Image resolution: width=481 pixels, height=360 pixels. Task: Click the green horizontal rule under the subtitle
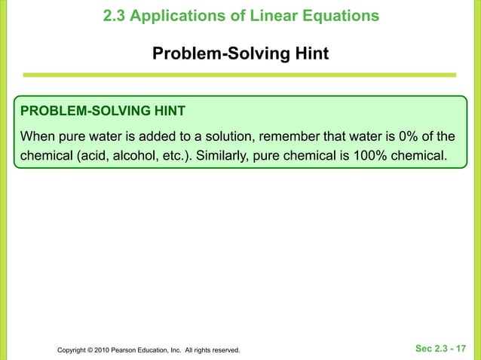click(240, 75)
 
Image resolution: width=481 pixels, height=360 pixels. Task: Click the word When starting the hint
click(38, 137)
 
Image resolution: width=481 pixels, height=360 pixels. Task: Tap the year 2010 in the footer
click(102, 350)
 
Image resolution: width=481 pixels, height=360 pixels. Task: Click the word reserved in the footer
click(223, 350)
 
